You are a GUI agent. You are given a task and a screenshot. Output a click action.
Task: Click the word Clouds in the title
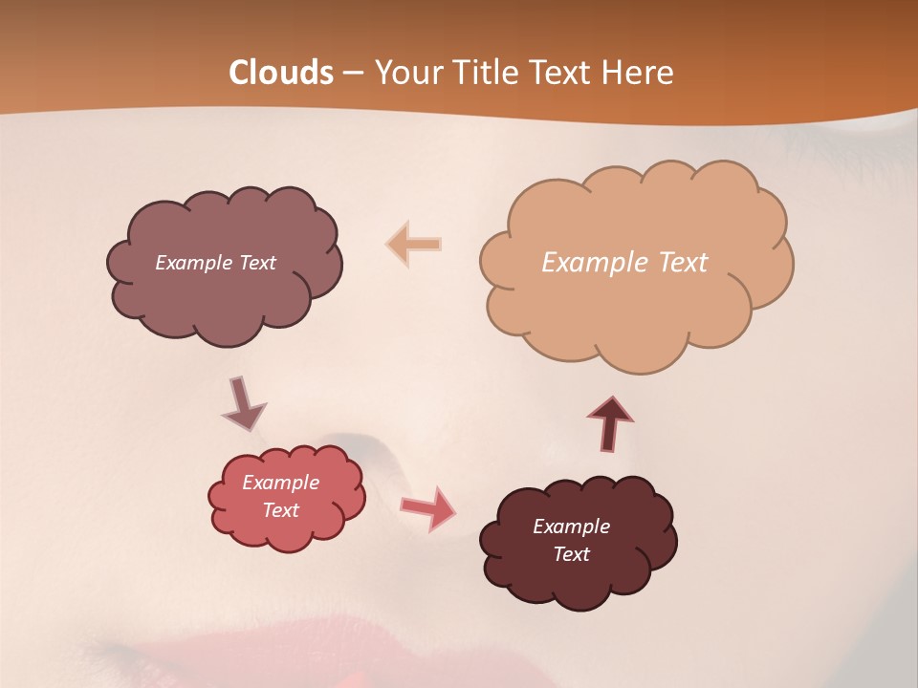click(281, 73)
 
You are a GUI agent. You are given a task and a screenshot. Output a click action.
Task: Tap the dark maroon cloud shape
click(579, 583)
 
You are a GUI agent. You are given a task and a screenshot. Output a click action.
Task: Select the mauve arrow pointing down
click(242, 405)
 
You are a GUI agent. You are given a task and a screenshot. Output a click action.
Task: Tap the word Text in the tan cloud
click(683, 263)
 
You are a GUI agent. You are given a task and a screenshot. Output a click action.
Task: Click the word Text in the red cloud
click(281, 510)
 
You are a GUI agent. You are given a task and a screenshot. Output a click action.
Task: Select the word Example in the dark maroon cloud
click(571, 527)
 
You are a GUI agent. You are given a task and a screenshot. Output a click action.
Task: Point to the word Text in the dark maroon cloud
click(571, 554)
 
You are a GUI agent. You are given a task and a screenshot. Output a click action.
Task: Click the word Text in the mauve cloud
click(257, 263)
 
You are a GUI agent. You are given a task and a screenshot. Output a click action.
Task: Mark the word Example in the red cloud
click(281, 483)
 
